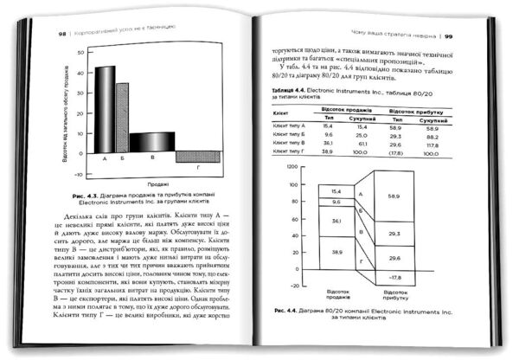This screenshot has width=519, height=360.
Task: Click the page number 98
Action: pos(39,35)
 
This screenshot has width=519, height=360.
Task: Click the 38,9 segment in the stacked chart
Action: pos(338,250)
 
